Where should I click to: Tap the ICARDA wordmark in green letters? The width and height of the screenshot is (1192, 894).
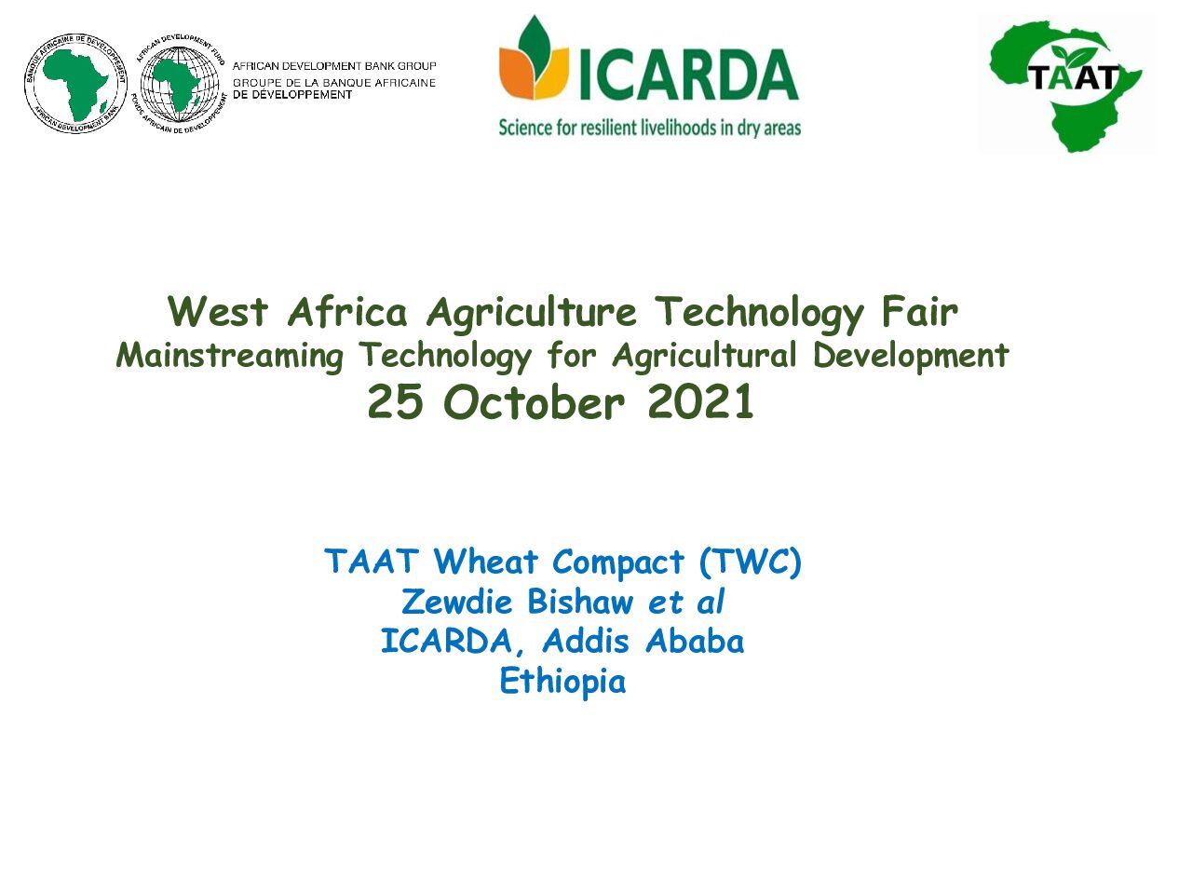click(688, 74)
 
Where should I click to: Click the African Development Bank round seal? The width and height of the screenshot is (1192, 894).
click(75, 83)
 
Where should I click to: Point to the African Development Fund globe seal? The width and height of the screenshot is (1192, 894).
click(180, 84)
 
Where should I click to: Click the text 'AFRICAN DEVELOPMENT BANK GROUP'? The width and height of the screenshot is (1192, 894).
click(334, 66)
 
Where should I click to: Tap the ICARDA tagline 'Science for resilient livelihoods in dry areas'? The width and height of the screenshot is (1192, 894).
click(649, 129)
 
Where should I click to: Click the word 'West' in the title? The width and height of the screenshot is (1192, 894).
click(218, 312)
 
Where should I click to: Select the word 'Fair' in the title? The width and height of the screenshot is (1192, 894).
click(920, 312)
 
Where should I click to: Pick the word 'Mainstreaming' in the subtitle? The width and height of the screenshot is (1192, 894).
click(230, 356)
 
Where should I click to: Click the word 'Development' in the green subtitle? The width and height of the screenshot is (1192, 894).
click(911, 356)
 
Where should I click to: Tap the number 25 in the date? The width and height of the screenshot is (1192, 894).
click(395, 402)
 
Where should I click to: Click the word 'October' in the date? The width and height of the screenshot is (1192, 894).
click(535, 402)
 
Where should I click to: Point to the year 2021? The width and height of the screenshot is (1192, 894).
click(700, 402)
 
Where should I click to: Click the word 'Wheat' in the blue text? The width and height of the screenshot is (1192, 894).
click(485, 562)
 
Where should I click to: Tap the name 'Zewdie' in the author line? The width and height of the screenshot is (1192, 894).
click(457, 602)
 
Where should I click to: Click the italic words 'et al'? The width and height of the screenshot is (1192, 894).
click(686, 602)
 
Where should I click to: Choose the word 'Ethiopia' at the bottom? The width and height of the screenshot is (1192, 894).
click(562, 682)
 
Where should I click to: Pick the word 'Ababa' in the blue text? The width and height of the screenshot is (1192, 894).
click(695, 642)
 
